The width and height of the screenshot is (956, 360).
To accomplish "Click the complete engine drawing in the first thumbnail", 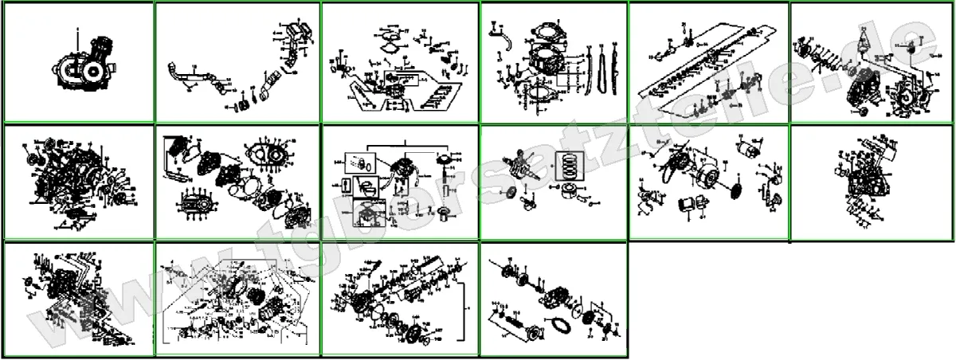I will (x=80, y=64).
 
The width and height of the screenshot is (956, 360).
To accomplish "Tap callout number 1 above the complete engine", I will (x=77, y=29).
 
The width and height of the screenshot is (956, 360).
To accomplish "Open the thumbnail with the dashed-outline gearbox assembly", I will (x=237, y=299).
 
